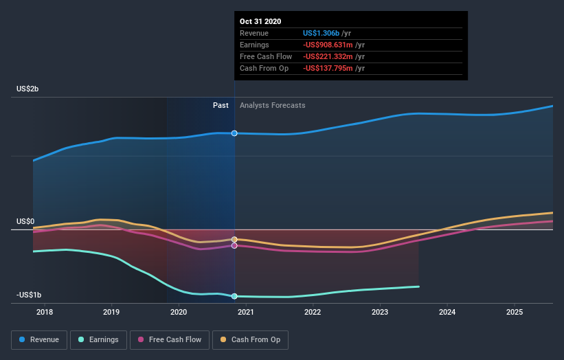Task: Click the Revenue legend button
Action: [39, 339]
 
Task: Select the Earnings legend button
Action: [99, 339]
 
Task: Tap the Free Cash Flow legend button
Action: [170, 339]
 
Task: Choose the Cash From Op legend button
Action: [250, 339]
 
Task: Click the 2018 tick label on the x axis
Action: [45, 312]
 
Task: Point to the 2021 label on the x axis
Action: [246, 312]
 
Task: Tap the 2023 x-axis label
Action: [380, 312]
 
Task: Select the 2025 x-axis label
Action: [515, 312]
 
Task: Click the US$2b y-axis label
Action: [28, 89]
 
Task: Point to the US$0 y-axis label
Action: [26, 221]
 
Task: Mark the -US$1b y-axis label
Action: [28, 295]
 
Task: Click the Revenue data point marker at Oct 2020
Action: [234, 133]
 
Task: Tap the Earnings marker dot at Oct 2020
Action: [234, 296]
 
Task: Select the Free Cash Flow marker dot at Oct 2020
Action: [234, 245]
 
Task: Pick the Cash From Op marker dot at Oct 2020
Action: [234, 240]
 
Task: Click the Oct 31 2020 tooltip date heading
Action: [260, 22]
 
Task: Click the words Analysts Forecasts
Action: [273, 105]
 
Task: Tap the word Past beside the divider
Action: [221, 105]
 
